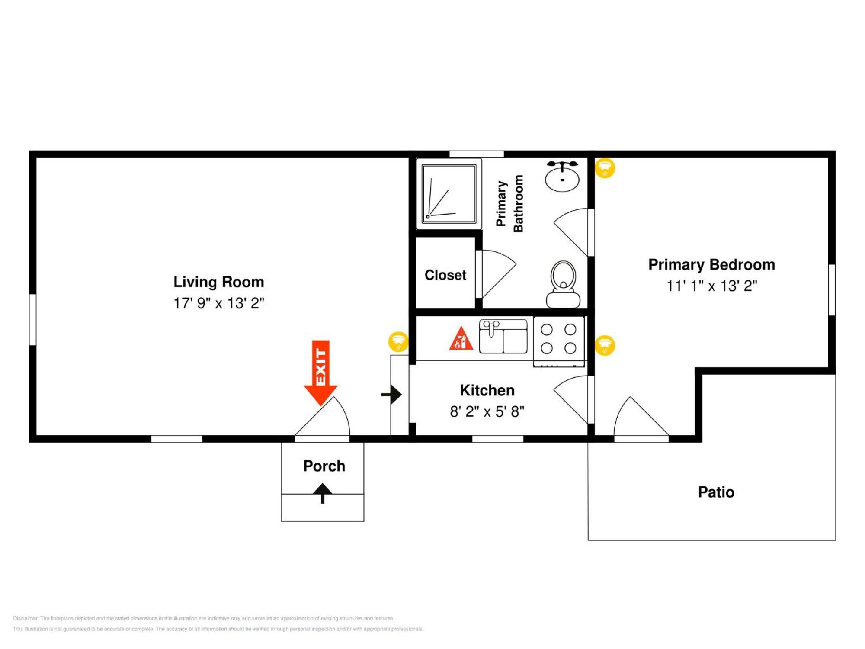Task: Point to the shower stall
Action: pyautogui.click(x=449, y=193)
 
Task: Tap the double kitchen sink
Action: pyautogui.click(x=503, y=337)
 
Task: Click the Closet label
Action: pyautogui.click(x=445, y=275)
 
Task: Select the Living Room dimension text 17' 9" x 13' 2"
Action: pyautogui.click(x=219, y=303)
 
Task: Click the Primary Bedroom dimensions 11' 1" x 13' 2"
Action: pyautogui.click(x=711, y=286)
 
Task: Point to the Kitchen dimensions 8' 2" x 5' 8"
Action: pyautogui.click(x=487, y=411)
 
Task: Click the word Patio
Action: pyautogui.click(x=716, y=492)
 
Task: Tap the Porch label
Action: pyautogui.click(x=324, y=466)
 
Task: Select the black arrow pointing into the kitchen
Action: pyautogui.click(x=392, y=395)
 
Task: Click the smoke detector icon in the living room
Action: pyautogui.click(x=398, y=341)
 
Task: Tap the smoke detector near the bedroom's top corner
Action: pyautogui.click(x=605, y=167)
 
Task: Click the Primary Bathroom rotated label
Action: pyautogui.click(x=509, y=203)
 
